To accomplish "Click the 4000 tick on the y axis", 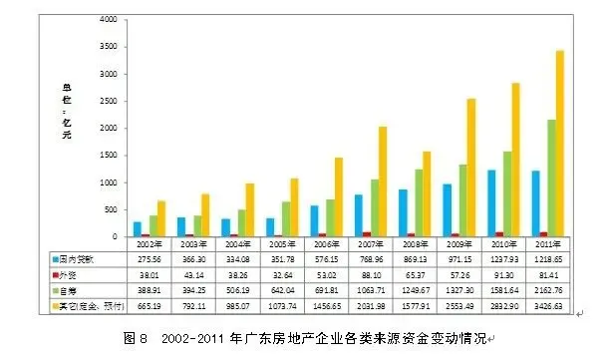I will pyautogui.click(x=105, y=19).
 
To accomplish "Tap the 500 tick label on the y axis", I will pyautogui.click(x=108, y=210).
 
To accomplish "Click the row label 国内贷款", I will pyautogui.click(x=80, y=256).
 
